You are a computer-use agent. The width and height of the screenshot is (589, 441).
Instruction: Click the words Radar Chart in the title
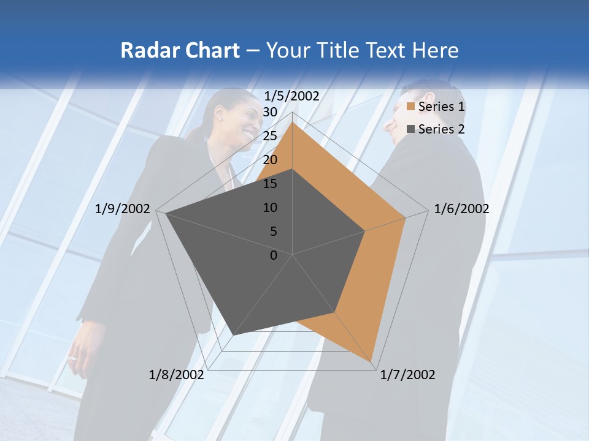(179, 50)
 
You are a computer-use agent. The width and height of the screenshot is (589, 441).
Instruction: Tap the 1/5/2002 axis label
(291, 96)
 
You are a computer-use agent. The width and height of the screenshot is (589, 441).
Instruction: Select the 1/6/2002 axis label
(461, 209)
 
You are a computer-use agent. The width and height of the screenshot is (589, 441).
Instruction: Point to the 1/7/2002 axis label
(407, 375)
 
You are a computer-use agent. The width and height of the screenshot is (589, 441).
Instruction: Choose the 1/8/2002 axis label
(177, 375)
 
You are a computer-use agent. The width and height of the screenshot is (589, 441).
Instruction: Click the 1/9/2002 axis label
(123, 209)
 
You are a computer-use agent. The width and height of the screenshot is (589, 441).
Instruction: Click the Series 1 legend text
(441, 107)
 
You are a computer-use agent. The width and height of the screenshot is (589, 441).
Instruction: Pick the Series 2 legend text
(441, 129)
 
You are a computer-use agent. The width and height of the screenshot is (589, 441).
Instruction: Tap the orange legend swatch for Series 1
(411, 107)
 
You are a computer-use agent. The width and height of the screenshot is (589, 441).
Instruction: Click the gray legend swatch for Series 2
(411, 129)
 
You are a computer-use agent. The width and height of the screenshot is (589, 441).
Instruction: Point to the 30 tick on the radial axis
(270, 112)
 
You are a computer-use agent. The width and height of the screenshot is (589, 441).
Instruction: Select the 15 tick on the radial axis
(270, 184)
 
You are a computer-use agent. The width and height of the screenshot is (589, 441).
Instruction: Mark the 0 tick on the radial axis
(274, 255)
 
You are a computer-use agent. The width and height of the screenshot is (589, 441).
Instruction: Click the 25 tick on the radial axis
(270, 136)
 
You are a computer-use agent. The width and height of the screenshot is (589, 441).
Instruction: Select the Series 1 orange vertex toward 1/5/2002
(293, 123)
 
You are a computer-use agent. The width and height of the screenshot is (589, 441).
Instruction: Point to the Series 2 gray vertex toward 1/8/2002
(234, 335)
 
